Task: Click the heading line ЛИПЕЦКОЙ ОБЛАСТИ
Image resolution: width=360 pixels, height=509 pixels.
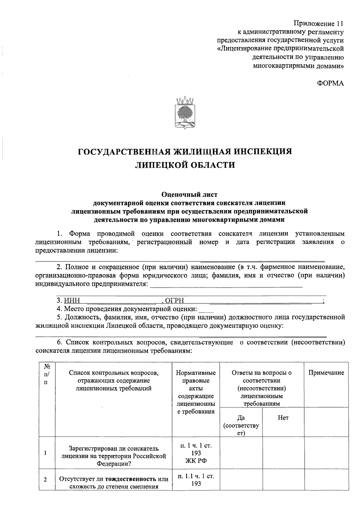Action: point(185,165)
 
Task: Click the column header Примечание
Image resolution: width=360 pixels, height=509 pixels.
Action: point(326,373)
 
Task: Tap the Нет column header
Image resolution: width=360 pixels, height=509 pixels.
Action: point(283,418)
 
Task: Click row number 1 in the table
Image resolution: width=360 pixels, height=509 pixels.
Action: point(45,453)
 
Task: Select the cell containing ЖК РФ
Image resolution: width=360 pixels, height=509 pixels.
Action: point(196,453)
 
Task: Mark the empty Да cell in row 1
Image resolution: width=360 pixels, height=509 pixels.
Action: point(241,453)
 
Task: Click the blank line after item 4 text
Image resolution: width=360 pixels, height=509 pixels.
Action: point(206,309)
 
